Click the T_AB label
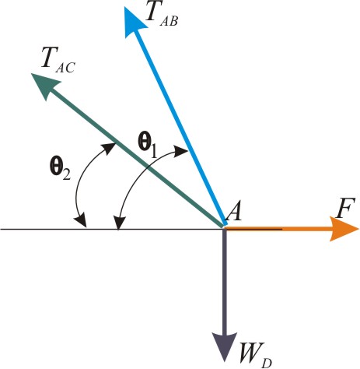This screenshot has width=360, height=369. click(162, 15)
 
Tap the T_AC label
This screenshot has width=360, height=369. click(58, 61)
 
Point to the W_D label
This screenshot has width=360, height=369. click(256, 355)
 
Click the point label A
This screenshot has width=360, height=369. click(233, 211)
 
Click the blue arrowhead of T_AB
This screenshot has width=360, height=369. click(134, 21)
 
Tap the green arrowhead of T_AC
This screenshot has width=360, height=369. click(44, 85)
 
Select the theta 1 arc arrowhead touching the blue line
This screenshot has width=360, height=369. click(181, 151)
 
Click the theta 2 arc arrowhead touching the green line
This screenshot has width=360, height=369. click(109, 148)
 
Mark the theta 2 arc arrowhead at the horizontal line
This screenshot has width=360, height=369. click(81, 221)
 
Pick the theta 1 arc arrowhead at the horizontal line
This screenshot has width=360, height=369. click(119, 222)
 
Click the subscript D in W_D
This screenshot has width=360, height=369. click(267, 363)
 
